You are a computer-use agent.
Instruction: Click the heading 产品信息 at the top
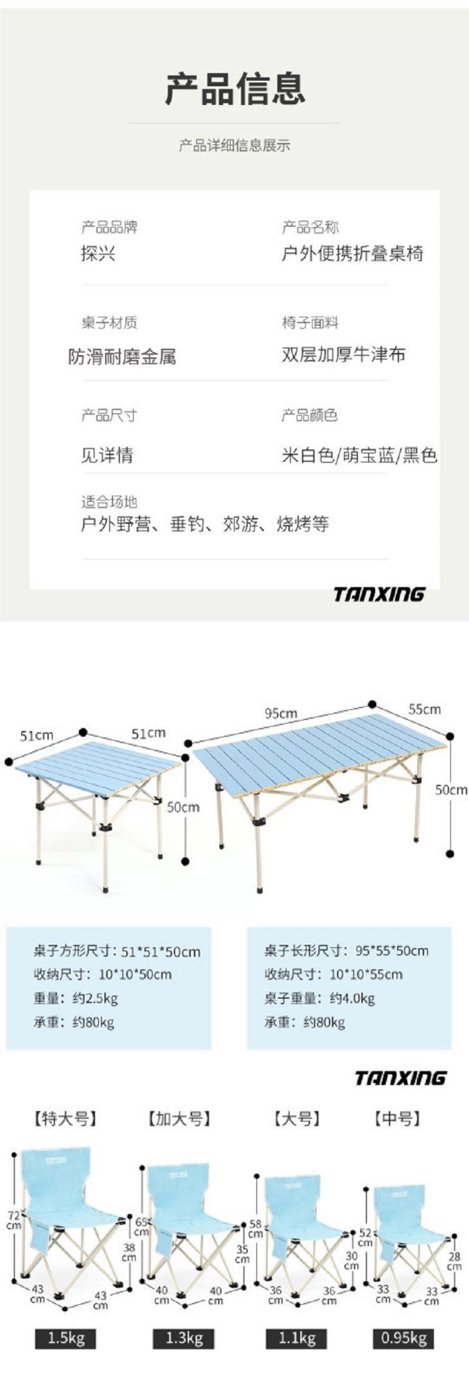(235, 88)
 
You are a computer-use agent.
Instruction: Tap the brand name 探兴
(98, 254)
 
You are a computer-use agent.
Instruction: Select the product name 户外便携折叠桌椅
(352, 254)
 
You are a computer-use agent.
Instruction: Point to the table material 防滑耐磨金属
(122, 357)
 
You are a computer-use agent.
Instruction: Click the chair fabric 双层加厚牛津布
(343, 355)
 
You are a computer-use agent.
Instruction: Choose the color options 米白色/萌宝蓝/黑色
(359, 456)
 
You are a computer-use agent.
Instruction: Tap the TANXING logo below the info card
(379, 594)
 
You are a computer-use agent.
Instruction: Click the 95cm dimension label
(281, 713)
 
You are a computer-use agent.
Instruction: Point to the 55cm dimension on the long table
(425, 709)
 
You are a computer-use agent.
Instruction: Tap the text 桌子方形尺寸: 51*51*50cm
(117, 952)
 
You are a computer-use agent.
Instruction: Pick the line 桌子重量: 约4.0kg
(319, 998)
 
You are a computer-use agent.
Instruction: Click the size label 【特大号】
(66, 1118)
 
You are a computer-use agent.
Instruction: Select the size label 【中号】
(397, 1118)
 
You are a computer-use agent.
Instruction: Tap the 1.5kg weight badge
(66, 1338)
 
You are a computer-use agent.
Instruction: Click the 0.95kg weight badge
(404, 1338)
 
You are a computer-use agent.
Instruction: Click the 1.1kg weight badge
(297, 1338)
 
